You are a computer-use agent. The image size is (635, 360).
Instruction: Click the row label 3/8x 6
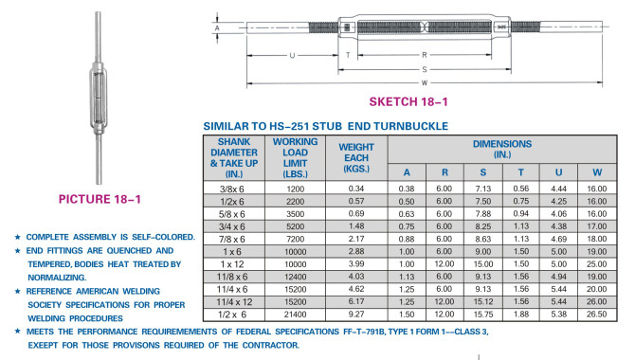pyautogui.click(x=231, y=189)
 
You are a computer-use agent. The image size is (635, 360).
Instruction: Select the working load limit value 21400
pyautogui.click(x=295, y=315)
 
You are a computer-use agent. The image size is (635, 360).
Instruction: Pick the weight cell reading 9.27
pyautogui.click(x=356, y=314)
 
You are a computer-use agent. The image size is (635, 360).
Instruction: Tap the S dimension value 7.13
pyautogui.click(x=483, y=189)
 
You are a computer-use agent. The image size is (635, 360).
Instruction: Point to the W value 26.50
pyautogui.click(x=597, y=314)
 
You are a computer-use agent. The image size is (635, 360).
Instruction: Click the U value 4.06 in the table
pyautogui.click(x=558, y=214)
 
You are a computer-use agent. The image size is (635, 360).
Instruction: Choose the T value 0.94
pyautogui.click(x=521, y=214)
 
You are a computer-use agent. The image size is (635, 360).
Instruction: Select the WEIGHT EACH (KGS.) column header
pyautogui.click(x=356, y=158)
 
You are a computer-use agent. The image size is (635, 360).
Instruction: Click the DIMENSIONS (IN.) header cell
pyautogui.click(x=502, y=149)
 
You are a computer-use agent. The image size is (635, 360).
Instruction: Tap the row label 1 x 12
pyautogui.click(x=232, y=264)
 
